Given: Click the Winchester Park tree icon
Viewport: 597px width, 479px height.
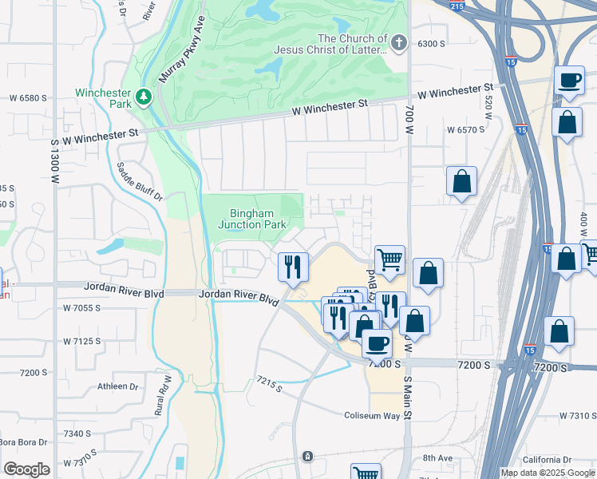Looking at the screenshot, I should [144, 97].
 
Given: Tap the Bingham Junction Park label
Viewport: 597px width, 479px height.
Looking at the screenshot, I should [252, 219].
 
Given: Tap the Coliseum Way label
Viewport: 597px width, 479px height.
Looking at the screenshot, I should [372, 416].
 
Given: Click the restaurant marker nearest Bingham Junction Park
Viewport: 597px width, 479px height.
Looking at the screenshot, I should [293, 265].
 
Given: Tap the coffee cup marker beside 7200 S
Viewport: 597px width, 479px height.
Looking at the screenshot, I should [376, 343].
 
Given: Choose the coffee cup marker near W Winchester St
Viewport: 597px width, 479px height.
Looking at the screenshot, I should [569, 81].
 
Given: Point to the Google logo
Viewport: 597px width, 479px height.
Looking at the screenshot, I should [26, 469].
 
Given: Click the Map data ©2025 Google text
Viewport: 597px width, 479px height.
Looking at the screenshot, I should [547, 473].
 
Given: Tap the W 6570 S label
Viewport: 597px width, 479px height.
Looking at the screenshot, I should [465, 129].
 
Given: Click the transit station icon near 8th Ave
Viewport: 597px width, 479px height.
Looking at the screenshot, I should [307, 457].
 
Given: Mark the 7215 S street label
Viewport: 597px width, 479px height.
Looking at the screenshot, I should [270, 385].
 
